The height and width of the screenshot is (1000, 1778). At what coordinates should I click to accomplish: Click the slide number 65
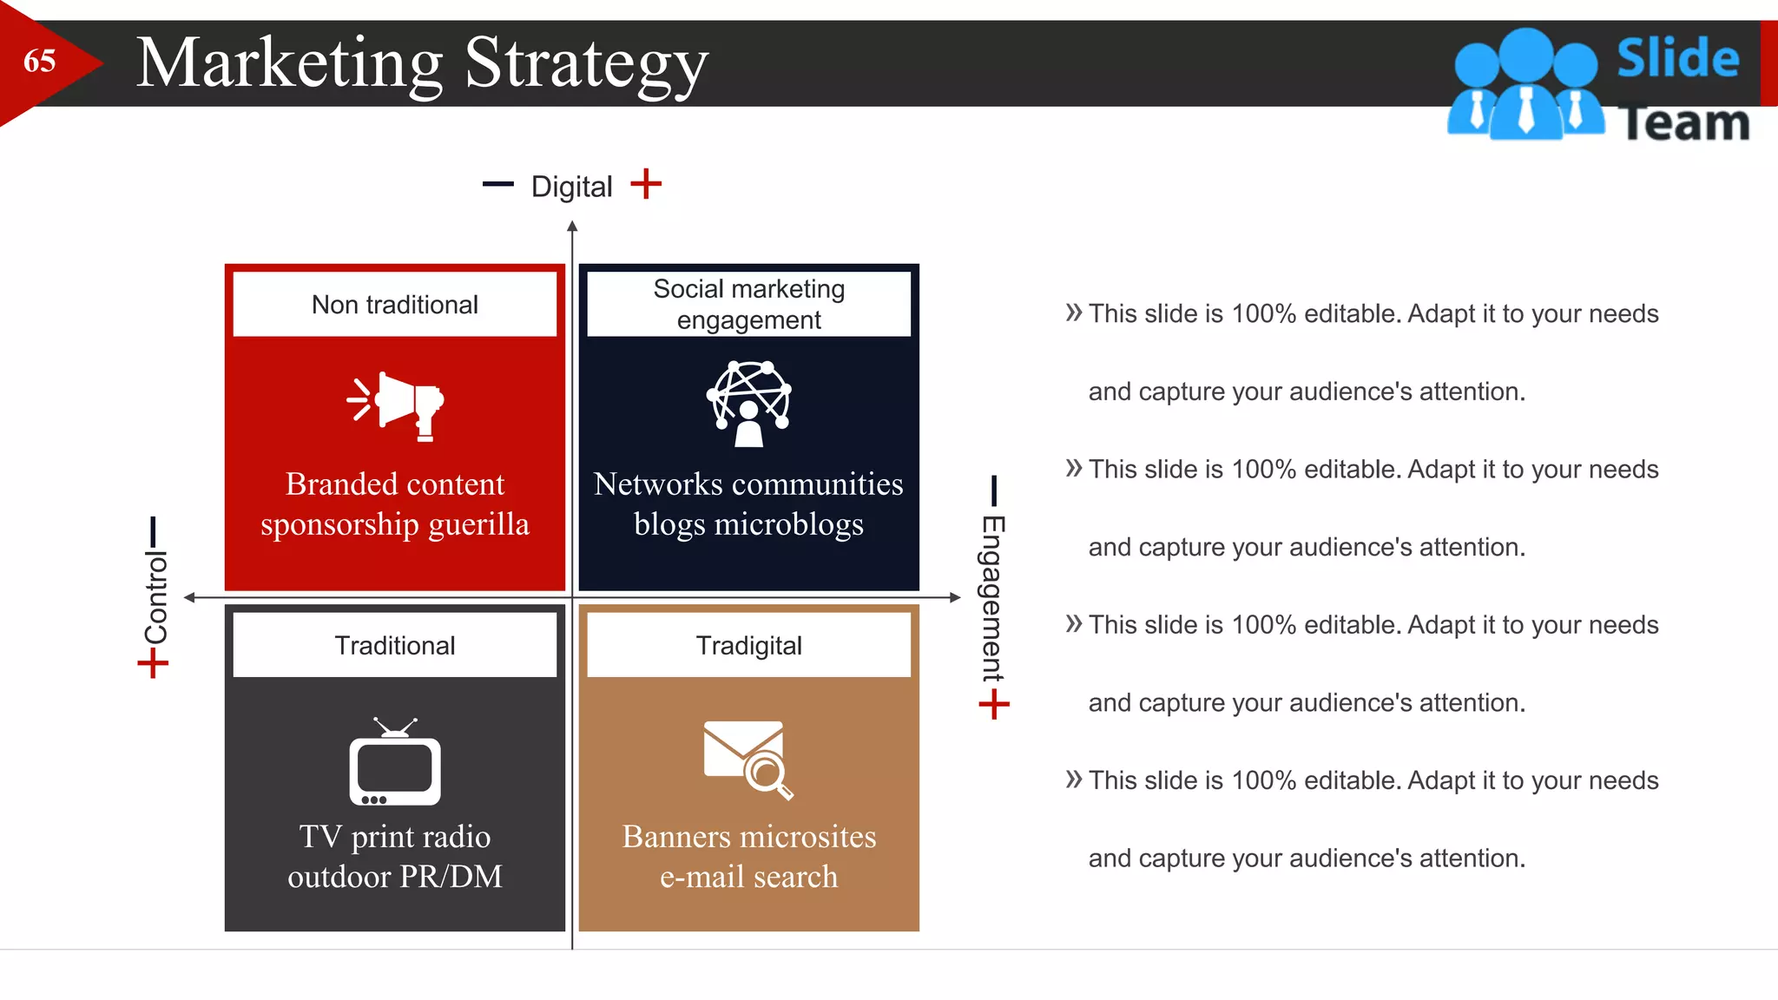pos(39,62)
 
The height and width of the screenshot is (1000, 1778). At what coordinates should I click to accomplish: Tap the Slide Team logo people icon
pos(1525,85)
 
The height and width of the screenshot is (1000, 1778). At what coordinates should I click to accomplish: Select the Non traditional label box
pos(395,305)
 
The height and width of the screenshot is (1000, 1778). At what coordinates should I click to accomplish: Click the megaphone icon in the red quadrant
pos(396,405)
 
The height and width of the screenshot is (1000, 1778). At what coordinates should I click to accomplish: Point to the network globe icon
pos(748,403)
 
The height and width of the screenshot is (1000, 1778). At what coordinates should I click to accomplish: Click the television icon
pos(395,763)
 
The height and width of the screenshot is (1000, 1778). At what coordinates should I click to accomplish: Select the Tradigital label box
pos(748,645)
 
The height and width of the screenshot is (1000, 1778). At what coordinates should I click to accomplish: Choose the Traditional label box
pos(395,645)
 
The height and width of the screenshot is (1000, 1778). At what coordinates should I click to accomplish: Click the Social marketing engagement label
pos(748,304)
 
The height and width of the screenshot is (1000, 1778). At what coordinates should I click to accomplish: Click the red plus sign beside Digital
pos(646,184)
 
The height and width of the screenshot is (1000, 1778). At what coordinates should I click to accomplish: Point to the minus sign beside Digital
pos(498,184)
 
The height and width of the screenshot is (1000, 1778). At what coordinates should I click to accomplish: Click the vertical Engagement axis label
pos(993,598)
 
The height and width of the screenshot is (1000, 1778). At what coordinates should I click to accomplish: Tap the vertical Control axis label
pos(155,597)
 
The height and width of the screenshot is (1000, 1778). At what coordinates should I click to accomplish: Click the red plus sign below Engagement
pos(994,704)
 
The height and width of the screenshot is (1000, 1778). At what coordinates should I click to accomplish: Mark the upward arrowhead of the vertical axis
pos(572,227)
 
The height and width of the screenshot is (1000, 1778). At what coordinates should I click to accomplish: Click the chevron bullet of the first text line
pos(1074,312)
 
